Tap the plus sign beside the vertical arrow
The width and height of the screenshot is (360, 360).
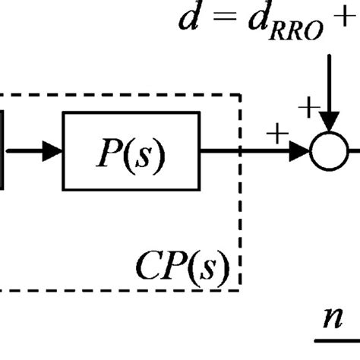tap(308, 107)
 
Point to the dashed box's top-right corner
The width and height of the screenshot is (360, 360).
tap(241, 96)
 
